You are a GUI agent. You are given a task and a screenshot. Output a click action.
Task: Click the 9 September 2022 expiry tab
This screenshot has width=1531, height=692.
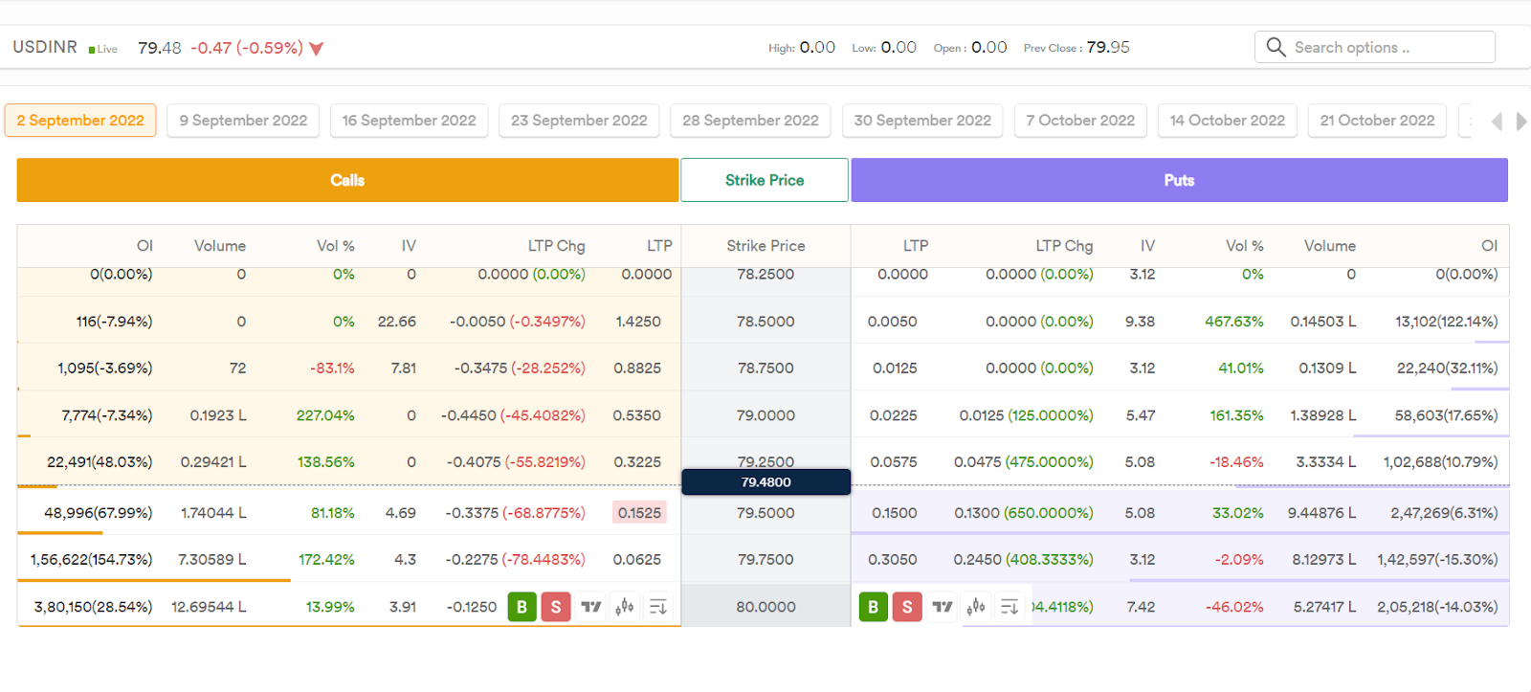[x=243, y=121]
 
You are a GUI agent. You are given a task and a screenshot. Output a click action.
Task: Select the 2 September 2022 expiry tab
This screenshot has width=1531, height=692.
[x=80, y=121]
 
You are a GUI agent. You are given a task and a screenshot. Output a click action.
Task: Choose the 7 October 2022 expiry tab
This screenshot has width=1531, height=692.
[x=1080, y=121]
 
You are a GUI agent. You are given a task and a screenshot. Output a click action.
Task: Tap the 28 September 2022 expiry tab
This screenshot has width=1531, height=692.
[x=750, y=121]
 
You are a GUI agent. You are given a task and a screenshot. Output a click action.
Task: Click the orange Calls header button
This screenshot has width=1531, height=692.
[x=347, y=180]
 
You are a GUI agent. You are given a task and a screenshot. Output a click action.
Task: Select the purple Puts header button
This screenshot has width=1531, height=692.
[x=1179, y=180]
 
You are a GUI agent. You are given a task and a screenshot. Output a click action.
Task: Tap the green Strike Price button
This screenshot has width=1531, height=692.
[x=765, y=180]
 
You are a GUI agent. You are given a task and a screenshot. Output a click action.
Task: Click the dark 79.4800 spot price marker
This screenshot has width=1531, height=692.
[x=765, y=482]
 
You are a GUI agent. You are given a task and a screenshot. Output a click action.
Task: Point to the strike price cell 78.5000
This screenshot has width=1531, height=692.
[x=765, y=322]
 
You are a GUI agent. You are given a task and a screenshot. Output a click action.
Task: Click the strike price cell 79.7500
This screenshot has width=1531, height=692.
[x=765, y=560]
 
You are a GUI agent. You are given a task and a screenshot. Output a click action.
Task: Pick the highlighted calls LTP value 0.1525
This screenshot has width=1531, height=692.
[x=639, y=513]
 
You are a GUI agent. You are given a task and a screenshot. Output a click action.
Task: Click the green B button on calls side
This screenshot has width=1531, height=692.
[x=521, y=607]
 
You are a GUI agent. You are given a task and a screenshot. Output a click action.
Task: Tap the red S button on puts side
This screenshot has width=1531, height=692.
[x=907, y=607]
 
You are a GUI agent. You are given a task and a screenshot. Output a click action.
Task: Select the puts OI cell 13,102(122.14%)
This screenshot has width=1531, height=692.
[x=1446, y=322]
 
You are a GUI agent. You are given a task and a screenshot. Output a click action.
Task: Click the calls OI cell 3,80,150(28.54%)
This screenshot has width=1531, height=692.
[x=93, y=607]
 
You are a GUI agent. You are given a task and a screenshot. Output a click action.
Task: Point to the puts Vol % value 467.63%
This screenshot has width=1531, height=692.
[x=1233, y=322]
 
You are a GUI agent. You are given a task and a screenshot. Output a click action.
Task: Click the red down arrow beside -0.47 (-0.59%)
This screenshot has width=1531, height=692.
[x=317, y=49]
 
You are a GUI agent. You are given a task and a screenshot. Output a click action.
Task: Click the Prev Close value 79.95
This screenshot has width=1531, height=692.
[x=1108, y=47]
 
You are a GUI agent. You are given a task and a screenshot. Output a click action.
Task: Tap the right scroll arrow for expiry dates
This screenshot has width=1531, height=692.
[x=1520, y=122]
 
